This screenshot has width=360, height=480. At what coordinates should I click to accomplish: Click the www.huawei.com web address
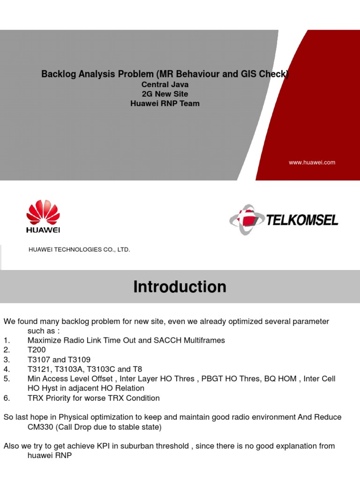point(312,163)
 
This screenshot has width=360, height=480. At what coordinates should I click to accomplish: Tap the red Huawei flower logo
point(43,212)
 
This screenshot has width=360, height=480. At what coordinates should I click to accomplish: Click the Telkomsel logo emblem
point(246,219)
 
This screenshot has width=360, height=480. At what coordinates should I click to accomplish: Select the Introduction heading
point(180,287)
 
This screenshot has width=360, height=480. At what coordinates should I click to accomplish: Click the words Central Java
point(165,85)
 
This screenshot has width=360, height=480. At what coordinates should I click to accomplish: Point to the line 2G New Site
point(165,94)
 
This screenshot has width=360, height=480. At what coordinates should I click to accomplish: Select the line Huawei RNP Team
point(165,104)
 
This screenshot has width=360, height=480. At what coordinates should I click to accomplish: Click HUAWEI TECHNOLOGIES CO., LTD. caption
point(79,250)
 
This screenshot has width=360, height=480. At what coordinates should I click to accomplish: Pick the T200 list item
point(37,350)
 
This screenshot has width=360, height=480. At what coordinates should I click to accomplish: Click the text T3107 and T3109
point(59,360)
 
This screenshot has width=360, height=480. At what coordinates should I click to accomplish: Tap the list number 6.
point(6,398)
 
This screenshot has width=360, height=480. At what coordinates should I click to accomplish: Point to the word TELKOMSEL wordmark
point(302,220)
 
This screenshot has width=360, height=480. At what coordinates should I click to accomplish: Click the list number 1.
point(6,340)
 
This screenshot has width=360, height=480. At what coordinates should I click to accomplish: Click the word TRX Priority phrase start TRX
point(35,398)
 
